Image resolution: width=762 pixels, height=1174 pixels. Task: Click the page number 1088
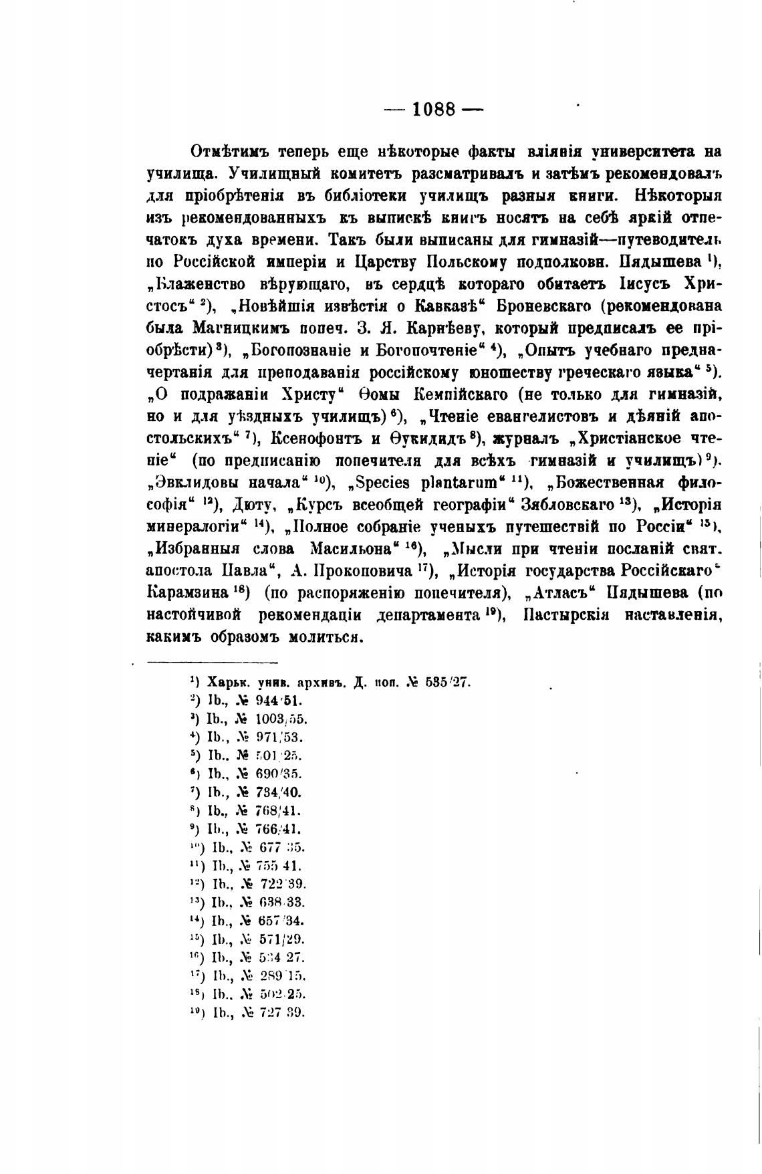pyautogui.click(x=434, y=109)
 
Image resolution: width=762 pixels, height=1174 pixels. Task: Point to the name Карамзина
pyautogui.click(x=188, y=592)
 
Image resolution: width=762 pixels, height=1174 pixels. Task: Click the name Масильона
pyautogui.click(x=352, y=548)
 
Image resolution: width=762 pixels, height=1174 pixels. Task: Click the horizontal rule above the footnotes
pyautogui.click(x=212, y=663)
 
